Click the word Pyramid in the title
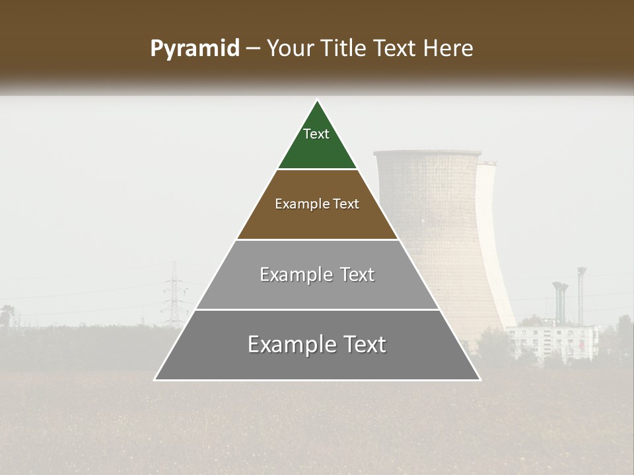(194, 49)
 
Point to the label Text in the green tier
(316, 134)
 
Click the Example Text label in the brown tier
(317, 204)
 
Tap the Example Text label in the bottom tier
(317, 344)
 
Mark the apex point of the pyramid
(318, 101)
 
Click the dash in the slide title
(252, 49)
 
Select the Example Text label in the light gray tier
(317, 274)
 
